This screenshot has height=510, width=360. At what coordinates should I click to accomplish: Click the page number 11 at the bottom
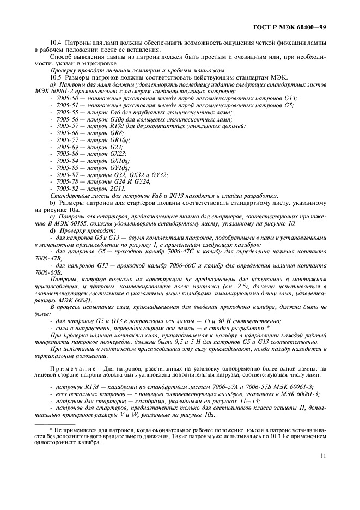323,457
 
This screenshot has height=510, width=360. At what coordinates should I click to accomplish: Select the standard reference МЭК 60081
74,300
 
